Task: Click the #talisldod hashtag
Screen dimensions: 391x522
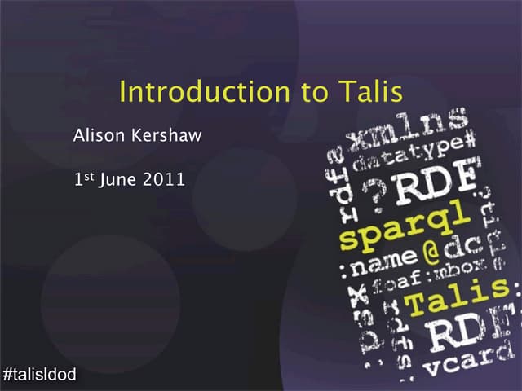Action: coord(40,375)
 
